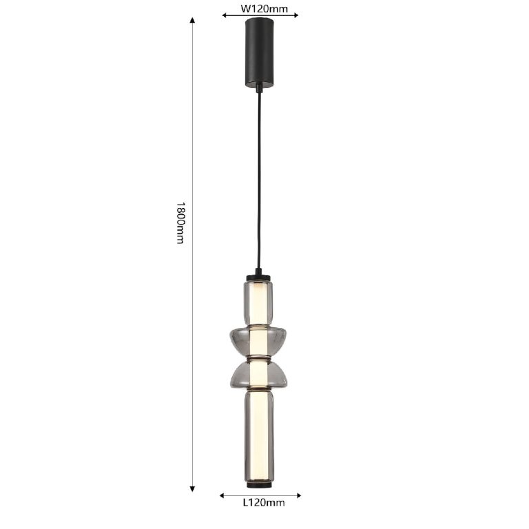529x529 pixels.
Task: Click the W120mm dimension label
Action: click(x=264, y=8)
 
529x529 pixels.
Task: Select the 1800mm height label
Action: click(x=181, y=222)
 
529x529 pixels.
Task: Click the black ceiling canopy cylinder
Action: click(x=260, y=52)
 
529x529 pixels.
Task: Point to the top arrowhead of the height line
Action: click(x=192, y=20)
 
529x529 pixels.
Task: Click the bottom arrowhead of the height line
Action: click(x=192, y=489)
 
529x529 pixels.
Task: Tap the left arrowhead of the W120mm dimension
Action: click(x=225, y=15)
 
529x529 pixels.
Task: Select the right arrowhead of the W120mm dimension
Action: click(x=295, y=15)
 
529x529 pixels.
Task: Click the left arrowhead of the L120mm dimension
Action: click(x=222, y=496)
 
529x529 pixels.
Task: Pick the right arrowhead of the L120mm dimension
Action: click(x=298, y=496)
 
